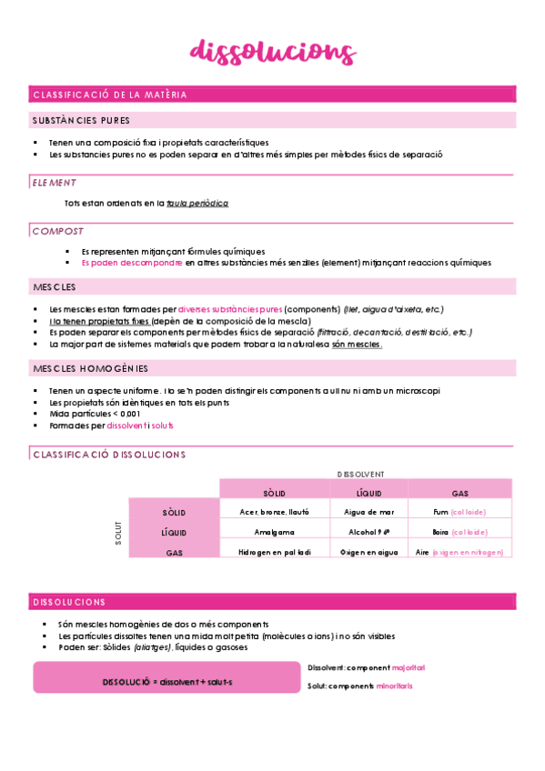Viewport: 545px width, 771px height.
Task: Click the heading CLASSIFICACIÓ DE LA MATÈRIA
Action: tap(109, 95)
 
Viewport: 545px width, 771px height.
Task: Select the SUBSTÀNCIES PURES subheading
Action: tap(81, 120)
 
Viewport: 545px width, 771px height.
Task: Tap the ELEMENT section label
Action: tap(54, 183)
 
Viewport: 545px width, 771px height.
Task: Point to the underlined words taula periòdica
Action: tap(197, 204)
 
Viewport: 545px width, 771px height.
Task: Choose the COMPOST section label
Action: tap(58, 231)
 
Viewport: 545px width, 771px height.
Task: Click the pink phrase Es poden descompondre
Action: tap(132, 263)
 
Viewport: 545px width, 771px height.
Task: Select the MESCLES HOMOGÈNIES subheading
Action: tap(89, 369)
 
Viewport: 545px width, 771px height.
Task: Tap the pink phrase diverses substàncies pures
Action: tap(230, 309)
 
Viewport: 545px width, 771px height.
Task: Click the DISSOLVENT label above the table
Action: tap(360, 474)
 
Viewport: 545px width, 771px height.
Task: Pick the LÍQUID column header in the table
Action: tap(368, 493)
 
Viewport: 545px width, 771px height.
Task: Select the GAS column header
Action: tap(459, 493)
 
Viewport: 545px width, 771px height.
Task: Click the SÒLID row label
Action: tap(173, 513)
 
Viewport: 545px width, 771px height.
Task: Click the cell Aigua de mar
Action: tap(368, 513)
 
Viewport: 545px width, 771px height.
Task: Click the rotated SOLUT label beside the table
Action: tap(118, 533)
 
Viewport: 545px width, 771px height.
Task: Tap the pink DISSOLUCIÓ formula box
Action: tap(167, 680)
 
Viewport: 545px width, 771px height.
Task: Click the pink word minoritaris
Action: tap(394, 686)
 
